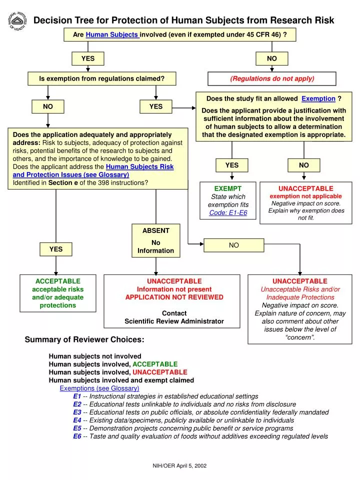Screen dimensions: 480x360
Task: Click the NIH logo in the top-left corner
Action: pos(17,20)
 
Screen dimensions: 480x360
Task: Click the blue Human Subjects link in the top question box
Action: pos(112,34)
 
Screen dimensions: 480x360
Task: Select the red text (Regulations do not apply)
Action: pos(272,78)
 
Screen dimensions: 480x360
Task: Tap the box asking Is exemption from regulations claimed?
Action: pos(102,78)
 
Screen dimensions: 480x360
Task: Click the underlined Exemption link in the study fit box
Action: pos(318,98)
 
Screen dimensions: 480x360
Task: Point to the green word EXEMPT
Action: pos(228,188)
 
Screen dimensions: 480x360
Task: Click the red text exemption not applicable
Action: pos(305,196)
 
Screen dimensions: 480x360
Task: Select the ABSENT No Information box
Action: pos(156,240)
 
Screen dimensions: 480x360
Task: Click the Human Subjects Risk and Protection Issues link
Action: pos(139,166)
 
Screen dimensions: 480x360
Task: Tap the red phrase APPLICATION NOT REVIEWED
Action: pos(174,297)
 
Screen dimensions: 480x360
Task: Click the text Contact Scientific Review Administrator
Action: pos(174,317)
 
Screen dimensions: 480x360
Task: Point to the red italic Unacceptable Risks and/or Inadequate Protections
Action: pos(300,293)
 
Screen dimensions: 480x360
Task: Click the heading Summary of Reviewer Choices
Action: pos(84,340)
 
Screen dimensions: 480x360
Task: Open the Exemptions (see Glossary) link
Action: pos(99,388)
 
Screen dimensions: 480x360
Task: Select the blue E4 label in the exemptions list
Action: pos(77,420)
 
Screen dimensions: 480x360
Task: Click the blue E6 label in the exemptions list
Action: pos(77,436)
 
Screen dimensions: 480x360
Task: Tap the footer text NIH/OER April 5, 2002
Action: pos(179,465)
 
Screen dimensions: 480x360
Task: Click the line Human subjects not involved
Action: pos(95,356)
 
